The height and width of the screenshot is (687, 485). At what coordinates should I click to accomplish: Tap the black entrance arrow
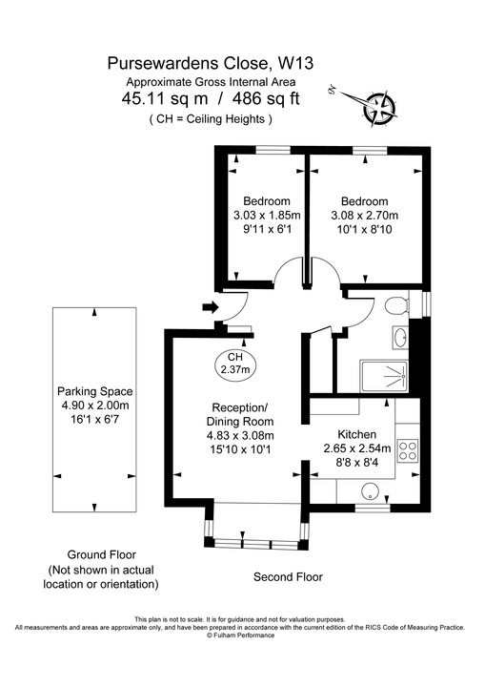[211, 308]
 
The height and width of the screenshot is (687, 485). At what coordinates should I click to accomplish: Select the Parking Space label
[94, 391]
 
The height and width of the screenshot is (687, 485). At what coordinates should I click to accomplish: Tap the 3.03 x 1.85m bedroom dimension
[266, 216]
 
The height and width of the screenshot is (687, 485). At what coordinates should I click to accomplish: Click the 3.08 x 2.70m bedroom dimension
[364, 216]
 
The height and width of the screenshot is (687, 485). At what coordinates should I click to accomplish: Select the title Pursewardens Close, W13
[210, 64]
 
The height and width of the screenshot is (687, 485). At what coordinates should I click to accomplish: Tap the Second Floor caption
[287, 576]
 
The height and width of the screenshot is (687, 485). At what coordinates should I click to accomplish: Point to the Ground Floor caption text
[101, 554]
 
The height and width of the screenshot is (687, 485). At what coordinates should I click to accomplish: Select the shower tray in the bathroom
[385, 376]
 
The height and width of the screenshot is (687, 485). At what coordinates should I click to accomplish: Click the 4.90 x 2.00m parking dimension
[94, 406]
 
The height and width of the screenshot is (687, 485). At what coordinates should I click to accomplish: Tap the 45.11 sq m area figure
[158, 98]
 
